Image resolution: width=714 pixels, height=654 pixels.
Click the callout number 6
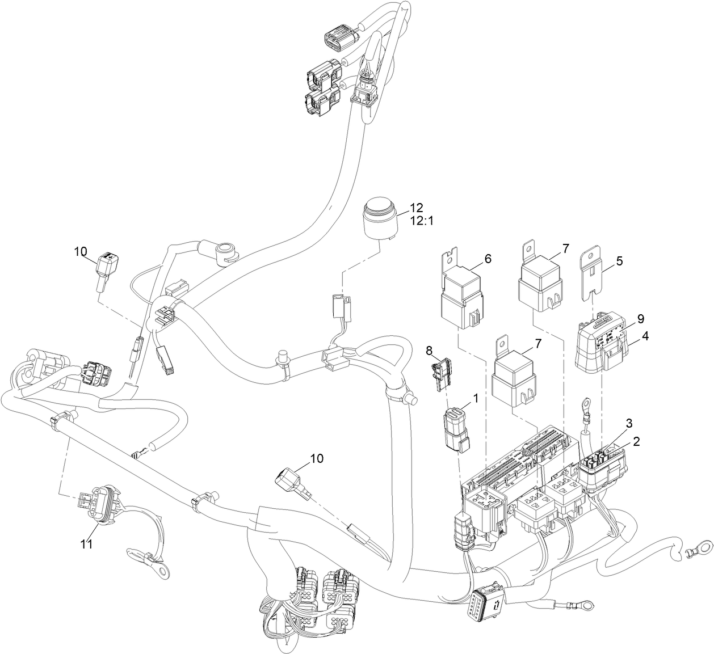pyautogui.click(x=488, y=259)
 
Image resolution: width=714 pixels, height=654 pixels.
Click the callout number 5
pyautogui.click(x=619, y=261)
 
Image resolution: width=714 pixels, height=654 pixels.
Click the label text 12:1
pyautogui.click(x=421, y=221)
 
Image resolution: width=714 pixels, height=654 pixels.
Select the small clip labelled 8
pyautogui.click(x=441, y=375)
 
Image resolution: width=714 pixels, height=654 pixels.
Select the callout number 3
pyautogui.click(x=629, y=423)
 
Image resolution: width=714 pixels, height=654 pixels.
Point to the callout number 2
pyautogui.click(x=637, y=441)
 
